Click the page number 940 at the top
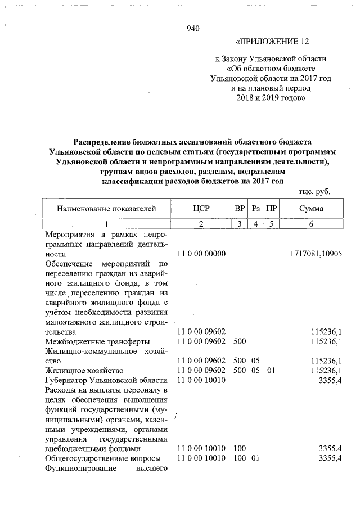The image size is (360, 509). pos(193,29)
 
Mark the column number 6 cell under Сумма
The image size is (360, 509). pos(311,224)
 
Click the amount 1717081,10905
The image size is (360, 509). pos(314,254)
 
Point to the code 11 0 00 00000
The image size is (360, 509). pos(201,254)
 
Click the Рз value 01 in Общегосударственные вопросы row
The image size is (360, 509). pos(256,458)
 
